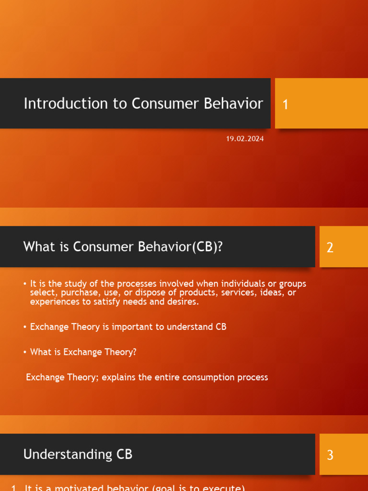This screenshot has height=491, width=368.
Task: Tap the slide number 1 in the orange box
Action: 286,105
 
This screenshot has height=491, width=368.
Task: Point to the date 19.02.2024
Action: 245,139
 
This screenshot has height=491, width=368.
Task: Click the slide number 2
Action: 330,247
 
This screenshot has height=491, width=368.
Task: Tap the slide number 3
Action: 330,455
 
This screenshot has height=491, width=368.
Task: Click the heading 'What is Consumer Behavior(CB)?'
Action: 123,247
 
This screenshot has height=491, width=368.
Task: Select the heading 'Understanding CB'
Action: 78,454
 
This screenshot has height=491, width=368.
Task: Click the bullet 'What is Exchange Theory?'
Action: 83,352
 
